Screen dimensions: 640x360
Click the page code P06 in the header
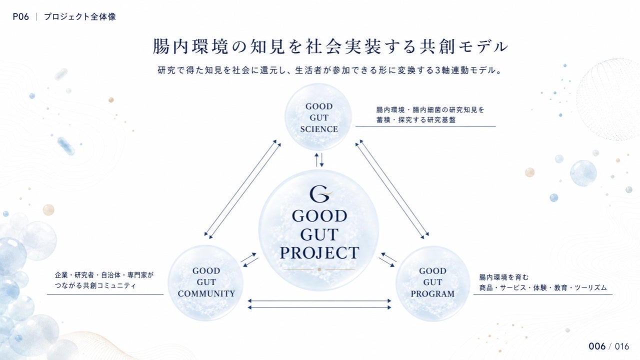(21, 17)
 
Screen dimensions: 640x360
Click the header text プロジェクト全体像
(80, 17)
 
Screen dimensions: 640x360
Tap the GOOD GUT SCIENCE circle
(318, 117)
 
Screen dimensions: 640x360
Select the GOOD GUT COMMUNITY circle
(205, 283)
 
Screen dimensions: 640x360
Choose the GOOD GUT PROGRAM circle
(432, 283)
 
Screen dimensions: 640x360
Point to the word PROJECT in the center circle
(319, 252)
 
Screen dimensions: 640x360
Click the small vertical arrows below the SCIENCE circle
(319, 159)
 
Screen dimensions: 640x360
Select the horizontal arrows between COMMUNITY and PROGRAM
(319, 304)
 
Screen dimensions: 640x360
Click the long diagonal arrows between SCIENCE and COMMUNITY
(242, 189)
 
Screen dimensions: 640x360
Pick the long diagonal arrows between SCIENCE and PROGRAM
(392, 189)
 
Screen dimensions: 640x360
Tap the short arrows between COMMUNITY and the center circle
(249, 259)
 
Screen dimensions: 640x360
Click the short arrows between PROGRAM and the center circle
(387, 259)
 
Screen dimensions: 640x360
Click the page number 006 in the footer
(597, 346)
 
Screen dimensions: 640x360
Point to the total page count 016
(622, 346)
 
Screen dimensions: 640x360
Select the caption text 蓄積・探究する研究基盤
(415, 119)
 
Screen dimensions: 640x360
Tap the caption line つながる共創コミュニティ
(95, 285)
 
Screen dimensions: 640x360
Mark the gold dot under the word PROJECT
(319, 269)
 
